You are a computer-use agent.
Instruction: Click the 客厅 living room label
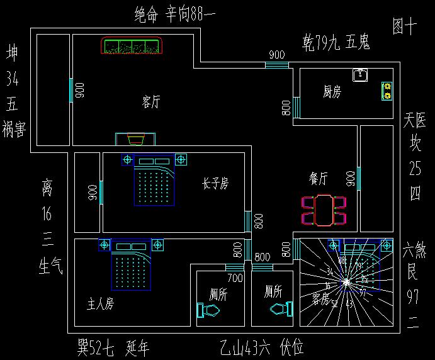(x=151, y=102)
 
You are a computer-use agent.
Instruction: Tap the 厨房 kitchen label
(x=332, y=93)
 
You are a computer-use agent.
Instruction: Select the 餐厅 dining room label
(x=318, y=179)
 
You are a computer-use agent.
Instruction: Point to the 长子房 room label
(x=215, y=183)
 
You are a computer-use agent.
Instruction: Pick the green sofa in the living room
(x=132, y=47)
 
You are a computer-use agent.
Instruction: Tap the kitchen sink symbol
(x=360, y=76)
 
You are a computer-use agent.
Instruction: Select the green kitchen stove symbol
(x=387, y=92)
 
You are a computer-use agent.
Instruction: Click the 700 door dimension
(x=235, y=278)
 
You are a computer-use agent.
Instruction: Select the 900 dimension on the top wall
(x=276, y=55)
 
